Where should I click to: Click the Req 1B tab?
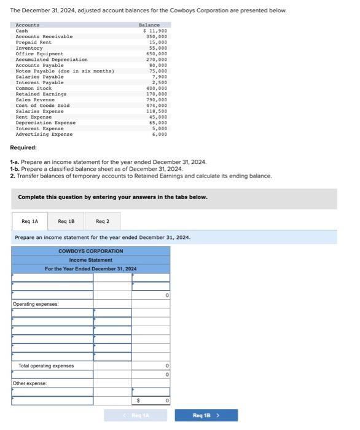coord(67,221)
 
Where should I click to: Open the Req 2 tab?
coord(103,221)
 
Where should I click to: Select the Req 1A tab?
coord(29,221)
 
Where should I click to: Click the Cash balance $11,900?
coord(155,31)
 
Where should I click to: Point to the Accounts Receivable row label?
coord(44,36)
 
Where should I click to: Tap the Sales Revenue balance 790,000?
coord(157,100)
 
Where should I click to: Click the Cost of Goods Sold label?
coord(42,106)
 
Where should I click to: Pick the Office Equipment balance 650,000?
coord(157,53)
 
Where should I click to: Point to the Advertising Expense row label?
coord(44,134)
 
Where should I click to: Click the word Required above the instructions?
coord(23,147)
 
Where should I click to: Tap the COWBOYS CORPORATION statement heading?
coord(90,251)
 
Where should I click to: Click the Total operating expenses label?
coord(46,366)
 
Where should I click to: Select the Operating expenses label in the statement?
coord(36,304)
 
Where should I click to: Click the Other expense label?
coord(30,383)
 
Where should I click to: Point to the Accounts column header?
coord(28,25)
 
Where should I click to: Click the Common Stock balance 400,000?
coord(157,88)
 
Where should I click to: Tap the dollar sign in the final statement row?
coord(138,401)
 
